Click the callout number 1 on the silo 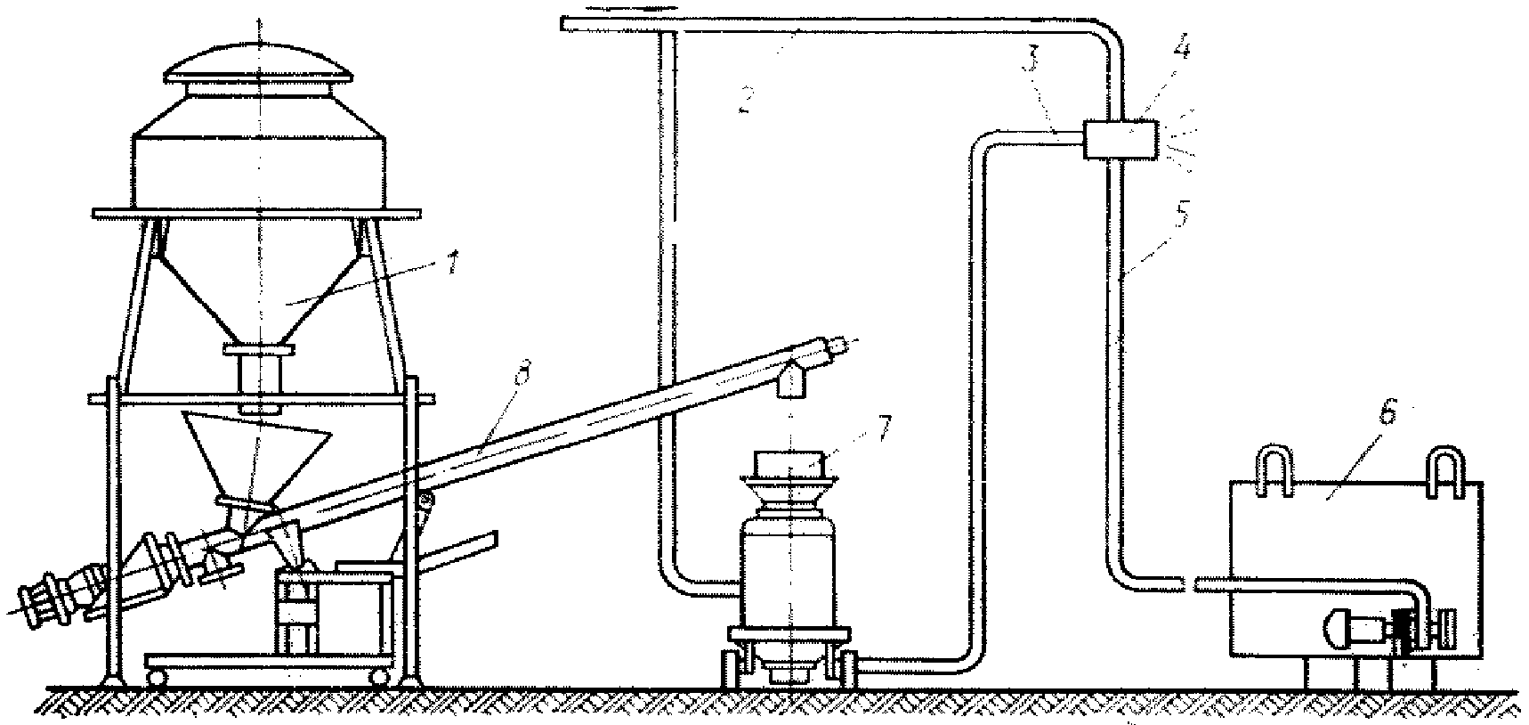[451, 264]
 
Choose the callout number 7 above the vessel [882, 428]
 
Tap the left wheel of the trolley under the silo [157, 678]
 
